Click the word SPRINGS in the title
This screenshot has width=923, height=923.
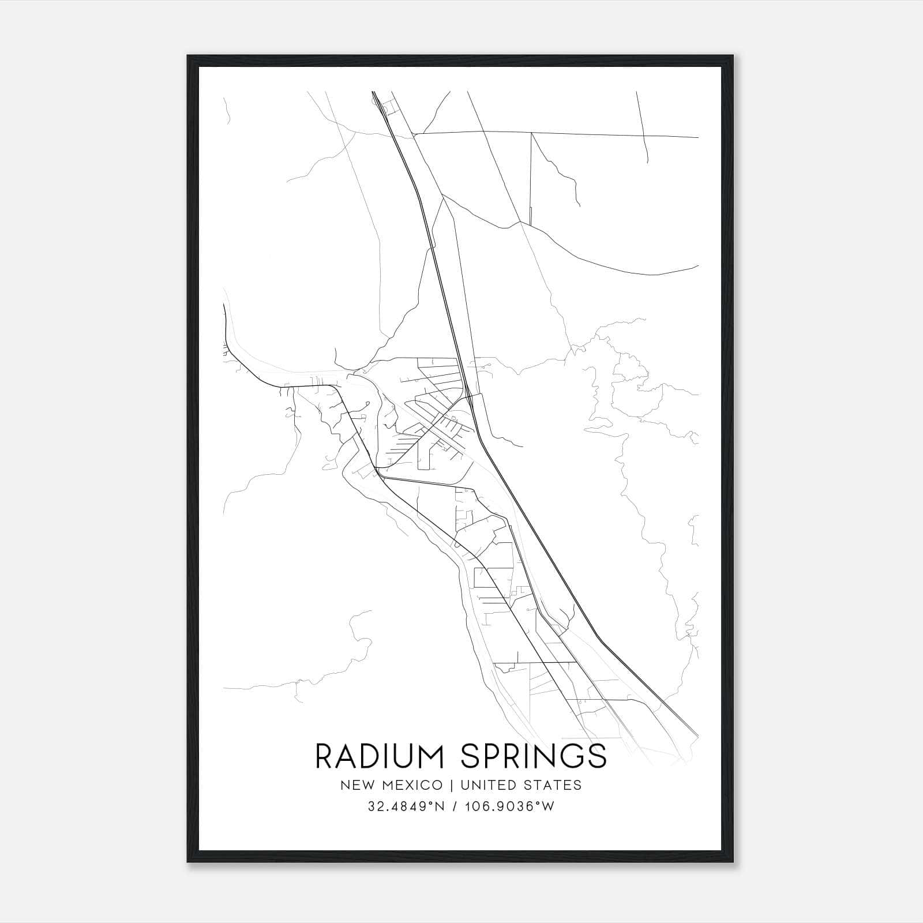(534, 756)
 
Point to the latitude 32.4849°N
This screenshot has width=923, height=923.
(402, 806)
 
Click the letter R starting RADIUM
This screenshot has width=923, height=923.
(325, 756)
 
